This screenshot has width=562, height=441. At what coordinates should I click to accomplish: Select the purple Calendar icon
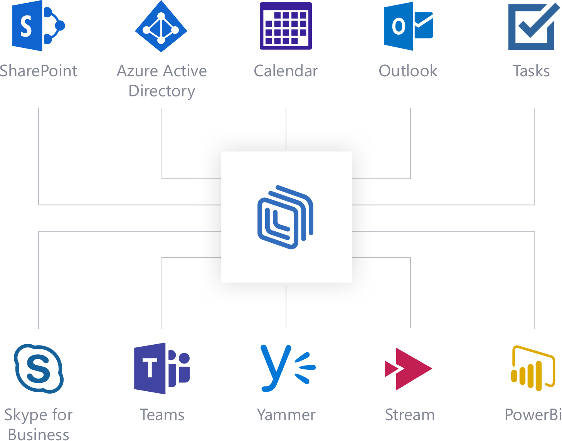tap(286, 26)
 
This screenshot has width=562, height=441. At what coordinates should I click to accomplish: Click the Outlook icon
tap(408, 26)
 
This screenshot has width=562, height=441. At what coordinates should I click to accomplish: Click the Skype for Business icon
tap(39, 369)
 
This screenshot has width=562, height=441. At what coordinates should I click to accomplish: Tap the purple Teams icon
tap(162, 368)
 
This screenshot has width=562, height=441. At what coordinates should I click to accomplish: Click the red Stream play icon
tap(408, 369)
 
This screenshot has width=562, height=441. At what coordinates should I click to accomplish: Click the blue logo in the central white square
tap(286, 217)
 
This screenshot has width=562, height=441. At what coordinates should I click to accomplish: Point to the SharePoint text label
tap(39, 71)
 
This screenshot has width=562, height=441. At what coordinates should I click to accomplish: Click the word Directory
tap(162, 91)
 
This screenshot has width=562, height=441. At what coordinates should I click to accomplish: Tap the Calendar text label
tap(286, 71)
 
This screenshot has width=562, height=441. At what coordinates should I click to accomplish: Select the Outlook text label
tap(408, 71)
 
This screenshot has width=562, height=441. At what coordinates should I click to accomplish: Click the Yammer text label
tap(286, 415)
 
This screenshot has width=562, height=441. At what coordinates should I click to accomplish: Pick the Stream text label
tap(410, 415)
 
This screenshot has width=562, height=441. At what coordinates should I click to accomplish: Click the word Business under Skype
tap(39, 434)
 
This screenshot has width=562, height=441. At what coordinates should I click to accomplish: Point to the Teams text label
tap(162, 415)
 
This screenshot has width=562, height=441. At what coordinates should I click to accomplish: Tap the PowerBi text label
tap(533, 415)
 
